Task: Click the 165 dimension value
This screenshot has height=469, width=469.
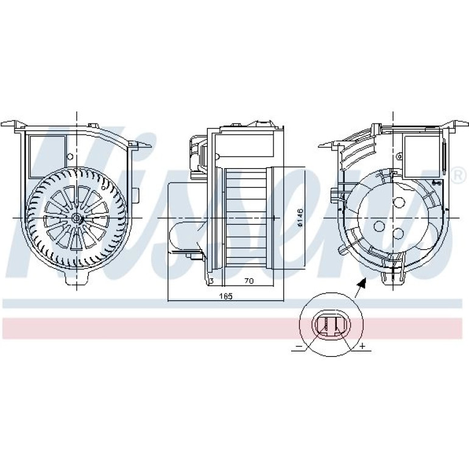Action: pos(226,296)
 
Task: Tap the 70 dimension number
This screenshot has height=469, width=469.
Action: pos(249,281)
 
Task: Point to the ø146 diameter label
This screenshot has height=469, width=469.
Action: pos(300,217)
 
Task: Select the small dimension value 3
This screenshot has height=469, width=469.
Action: pos(211,281)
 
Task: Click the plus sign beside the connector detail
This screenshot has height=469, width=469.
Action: pos(362,346)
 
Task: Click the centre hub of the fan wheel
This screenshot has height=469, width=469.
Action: pos(77,218)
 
